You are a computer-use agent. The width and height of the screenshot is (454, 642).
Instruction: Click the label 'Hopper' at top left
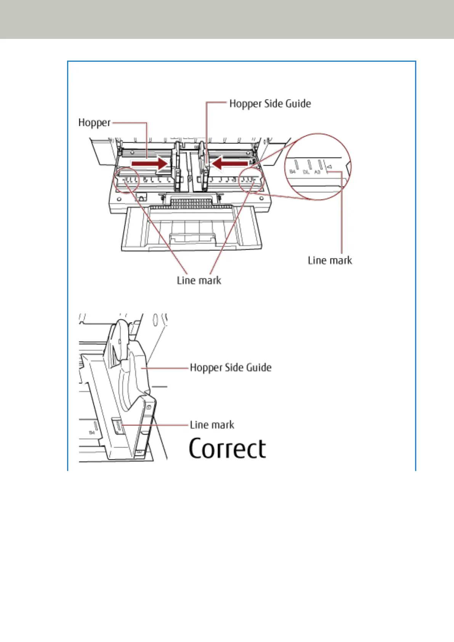[94, 123]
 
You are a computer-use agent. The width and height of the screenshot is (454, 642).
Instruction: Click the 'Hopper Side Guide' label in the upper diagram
[270, 104]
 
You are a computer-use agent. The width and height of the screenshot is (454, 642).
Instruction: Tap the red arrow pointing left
[229, 164]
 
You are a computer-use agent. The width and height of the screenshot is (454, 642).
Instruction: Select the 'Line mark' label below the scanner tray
[199, 281]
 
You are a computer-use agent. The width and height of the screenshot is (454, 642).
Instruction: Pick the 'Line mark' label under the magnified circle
[330, 261]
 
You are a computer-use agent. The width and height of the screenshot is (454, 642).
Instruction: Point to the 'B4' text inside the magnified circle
[292, 172]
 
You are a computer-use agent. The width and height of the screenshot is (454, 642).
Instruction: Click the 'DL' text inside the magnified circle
[306, 172]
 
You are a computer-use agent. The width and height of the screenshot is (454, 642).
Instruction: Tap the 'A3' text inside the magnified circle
[317, 172]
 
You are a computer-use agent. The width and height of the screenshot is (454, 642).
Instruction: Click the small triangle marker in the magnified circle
[329, 167]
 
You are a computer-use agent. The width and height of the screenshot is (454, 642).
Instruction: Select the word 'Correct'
[227, 449]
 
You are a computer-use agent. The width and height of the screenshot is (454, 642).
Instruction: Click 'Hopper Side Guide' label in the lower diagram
[231, 368]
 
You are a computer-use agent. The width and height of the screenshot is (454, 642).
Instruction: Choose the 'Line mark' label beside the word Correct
[212, 425]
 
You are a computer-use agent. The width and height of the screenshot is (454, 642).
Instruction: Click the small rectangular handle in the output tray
[192, 238]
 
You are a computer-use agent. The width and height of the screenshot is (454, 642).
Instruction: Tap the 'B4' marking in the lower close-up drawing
[92, 433]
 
